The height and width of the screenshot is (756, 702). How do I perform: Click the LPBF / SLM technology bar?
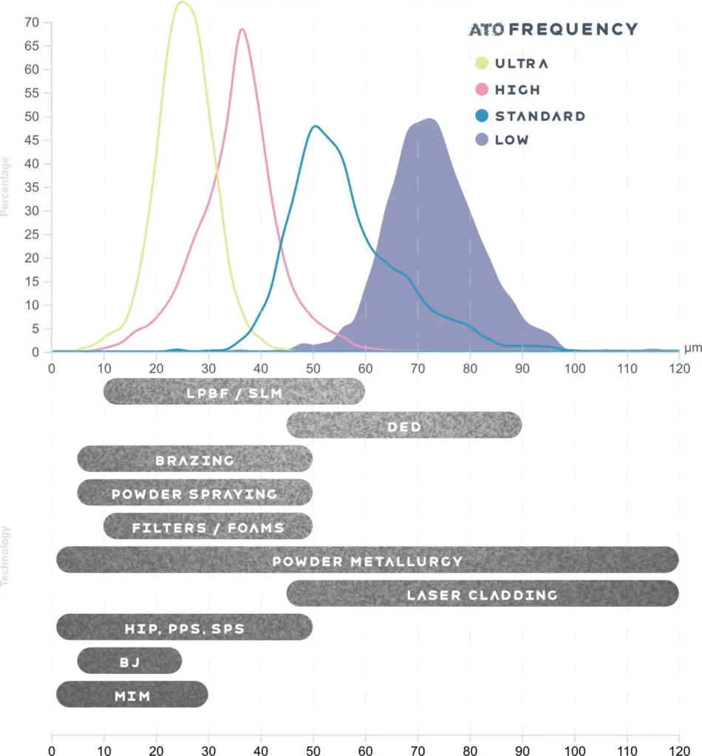click(x=234, y=391)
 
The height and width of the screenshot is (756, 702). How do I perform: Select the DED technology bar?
click(x=404, y=425)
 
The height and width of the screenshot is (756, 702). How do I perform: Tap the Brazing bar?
click(x=195, y=459)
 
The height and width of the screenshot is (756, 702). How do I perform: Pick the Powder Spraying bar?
click(x=195, y=493)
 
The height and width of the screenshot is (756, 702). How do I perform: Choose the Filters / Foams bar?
click(x=208, y=527)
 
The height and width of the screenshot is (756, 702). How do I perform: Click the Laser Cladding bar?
click(x=483, y=594)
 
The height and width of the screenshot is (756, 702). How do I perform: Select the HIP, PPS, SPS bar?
click(x=185, y=628)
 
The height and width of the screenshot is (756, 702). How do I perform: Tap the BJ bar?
click(x=129, y=661)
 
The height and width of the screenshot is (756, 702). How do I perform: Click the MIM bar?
click(x=132, y=695)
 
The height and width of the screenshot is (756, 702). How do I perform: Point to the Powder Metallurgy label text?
click(x=367, y=561)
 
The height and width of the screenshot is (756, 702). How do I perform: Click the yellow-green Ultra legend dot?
click(x=483, y=63)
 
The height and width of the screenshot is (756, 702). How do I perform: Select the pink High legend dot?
click(x=483, y=89)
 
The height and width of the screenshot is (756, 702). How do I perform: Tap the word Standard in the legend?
click(x=539, y=116)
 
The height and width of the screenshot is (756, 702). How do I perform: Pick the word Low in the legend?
click(x=512, y=140)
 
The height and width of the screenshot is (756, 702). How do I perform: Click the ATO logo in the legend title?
click(x=487, y=30)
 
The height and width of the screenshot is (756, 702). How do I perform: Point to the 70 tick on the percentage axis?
click(x=31, y=22)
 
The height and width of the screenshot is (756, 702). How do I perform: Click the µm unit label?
click(x=692, y=347)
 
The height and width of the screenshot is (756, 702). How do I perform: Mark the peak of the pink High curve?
click(x=242, y=30)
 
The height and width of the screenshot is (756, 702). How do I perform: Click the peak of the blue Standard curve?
click(x=316, y=126)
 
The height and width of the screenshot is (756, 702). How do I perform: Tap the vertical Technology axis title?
click(x=6, y=555)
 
